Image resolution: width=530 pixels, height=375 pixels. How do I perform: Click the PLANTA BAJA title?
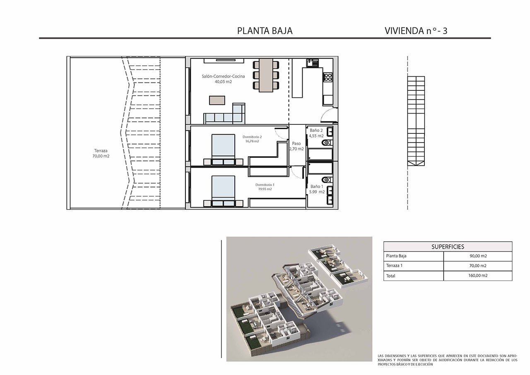point(265,31)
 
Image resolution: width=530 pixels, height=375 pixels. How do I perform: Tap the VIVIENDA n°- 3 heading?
point(416,31)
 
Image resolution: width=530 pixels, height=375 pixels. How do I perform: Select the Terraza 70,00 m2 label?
point(101,153)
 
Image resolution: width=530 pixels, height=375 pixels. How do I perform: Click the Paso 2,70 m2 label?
point(296,146)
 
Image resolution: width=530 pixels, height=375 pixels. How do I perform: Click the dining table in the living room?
point(266,75)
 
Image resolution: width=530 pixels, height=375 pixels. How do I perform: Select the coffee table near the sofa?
point(217,100)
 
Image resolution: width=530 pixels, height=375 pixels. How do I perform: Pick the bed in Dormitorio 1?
point(223,190)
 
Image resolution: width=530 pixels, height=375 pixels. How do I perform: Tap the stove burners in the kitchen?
point(328,77)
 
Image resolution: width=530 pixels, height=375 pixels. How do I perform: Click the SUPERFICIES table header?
point(448,247)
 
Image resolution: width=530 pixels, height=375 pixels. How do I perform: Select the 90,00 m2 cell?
point(478,256)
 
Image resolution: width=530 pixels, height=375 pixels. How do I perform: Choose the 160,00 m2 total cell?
point(478,276)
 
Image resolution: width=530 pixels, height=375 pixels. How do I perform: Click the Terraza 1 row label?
point(394,266)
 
